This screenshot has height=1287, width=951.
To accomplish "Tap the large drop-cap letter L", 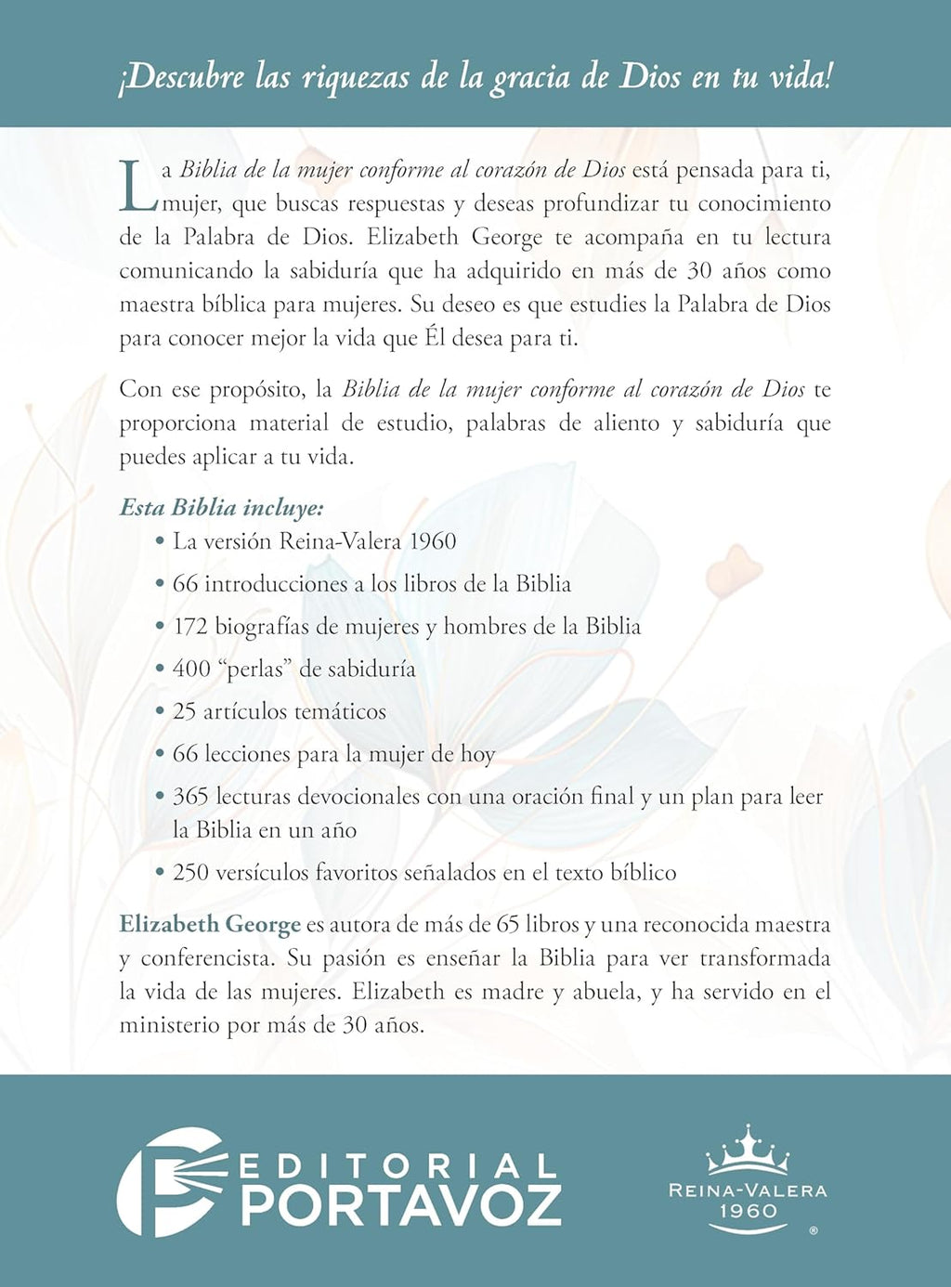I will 137,186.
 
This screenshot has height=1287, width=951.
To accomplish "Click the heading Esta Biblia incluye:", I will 221,508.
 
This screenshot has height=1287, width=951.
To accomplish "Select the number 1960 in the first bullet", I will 433,541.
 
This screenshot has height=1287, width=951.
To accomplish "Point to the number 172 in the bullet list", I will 190,627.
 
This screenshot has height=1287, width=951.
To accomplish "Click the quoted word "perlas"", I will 255,669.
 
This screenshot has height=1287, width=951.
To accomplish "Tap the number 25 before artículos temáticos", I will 185,712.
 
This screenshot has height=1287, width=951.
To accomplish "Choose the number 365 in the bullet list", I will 190,797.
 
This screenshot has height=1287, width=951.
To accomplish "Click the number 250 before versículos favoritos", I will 191,873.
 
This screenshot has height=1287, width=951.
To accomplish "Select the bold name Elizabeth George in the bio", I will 210,925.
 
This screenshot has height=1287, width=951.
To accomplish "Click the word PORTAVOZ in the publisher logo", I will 401,1204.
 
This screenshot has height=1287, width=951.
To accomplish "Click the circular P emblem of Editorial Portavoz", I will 171,1181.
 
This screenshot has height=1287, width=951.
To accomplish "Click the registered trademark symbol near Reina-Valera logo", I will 814,1230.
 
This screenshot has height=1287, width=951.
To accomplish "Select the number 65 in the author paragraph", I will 508,925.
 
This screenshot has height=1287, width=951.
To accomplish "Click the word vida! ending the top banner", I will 800,77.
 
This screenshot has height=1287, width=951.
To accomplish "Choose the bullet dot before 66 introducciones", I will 161,585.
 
